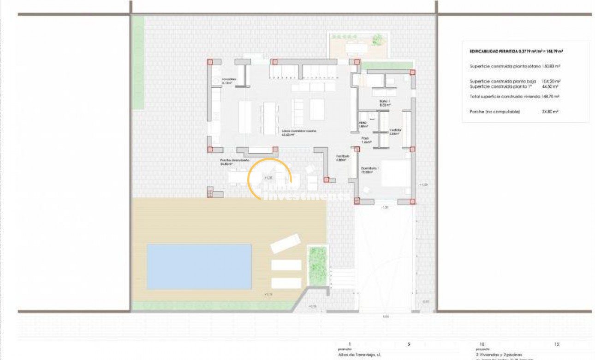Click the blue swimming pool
point(199,267)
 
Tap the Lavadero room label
point(229,79)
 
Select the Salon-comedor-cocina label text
point(299,132)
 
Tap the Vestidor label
point(395,130)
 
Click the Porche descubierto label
point(234,160)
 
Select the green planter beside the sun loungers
point(317,266)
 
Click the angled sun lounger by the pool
point(285,243)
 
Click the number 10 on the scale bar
point(482,344)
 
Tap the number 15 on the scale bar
point(557,344)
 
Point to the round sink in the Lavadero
point(215,81)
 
